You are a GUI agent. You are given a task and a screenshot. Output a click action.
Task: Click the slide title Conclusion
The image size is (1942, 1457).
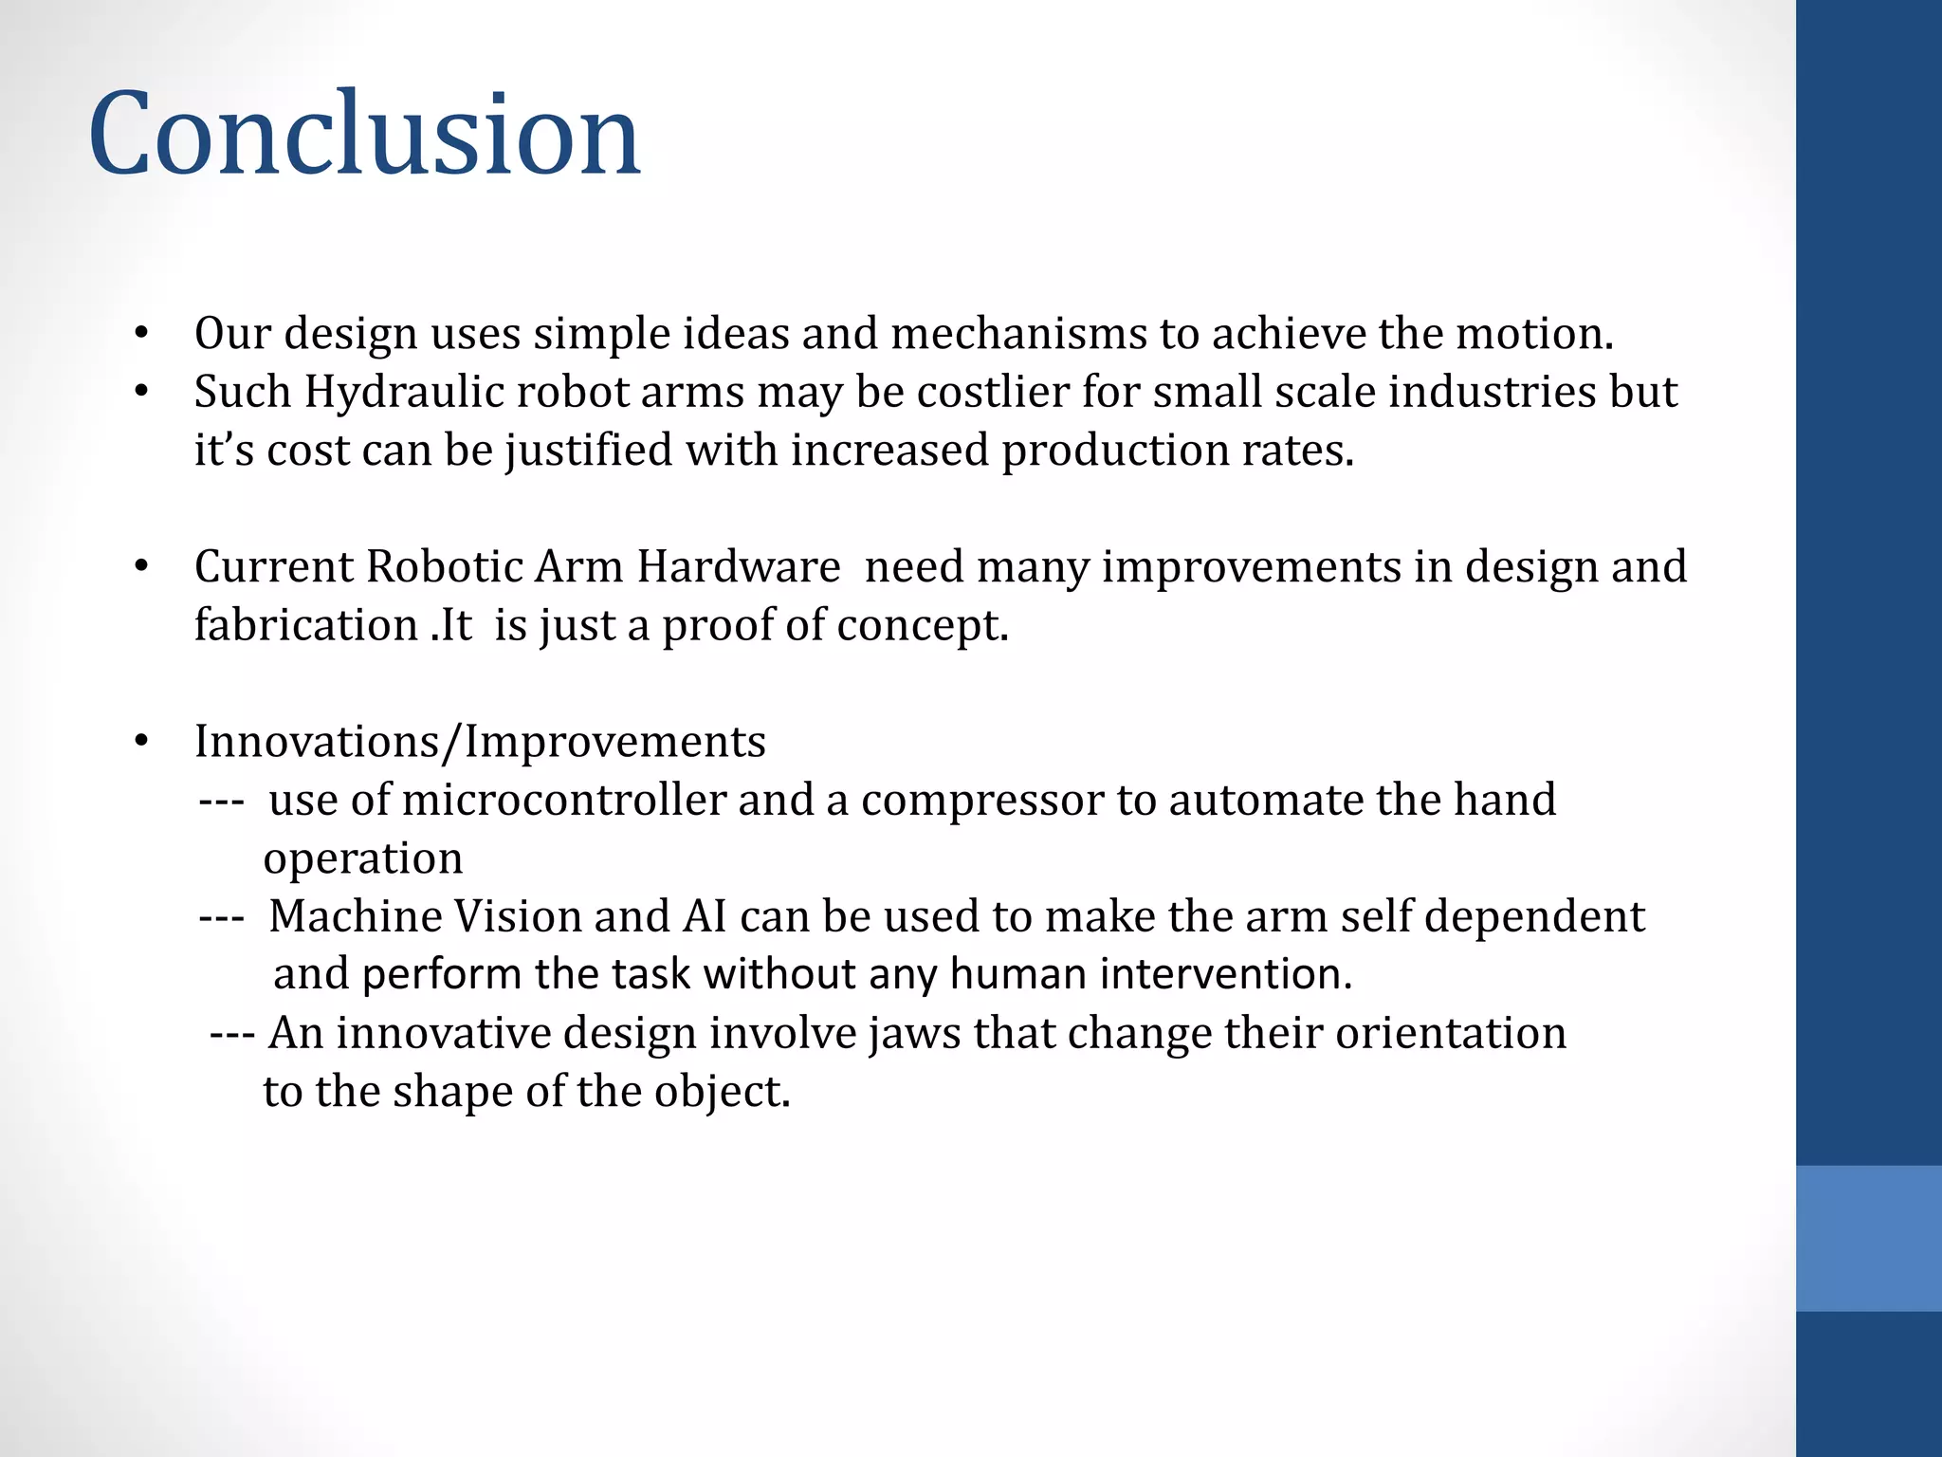(x=364, y=134)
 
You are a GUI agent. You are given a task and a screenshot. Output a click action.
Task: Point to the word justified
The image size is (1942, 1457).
(x=589, y=452)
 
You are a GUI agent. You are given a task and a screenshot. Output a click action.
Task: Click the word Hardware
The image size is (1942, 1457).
(x=738, y=567)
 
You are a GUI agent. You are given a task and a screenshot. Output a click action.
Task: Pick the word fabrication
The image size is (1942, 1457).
(x=306, y=626)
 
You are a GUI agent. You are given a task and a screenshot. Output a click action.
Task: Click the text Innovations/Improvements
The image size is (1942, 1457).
(x=480, y=742)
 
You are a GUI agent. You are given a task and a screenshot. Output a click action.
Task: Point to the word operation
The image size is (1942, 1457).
(x=363, y=859)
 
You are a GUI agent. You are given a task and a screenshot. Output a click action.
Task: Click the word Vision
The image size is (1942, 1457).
(x=519, y=917)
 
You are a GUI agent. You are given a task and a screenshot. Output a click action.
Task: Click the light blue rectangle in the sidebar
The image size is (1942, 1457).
(x=1868, y=1238)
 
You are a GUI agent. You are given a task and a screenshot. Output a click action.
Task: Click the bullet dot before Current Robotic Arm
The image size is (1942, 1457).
(x=141, y=567)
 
